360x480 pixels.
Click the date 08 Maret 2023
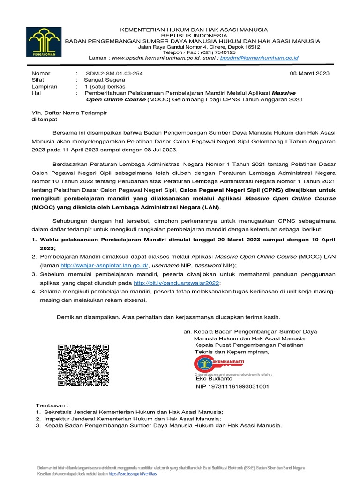point(310,73)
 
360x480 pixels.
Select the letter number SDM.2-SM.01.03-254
point(114,73)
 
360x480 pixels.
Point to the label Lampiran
point(44,87)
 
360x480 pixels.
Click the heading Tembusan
point(52,404)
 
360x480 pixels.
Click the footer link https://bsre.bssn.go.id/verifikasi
point(133,474)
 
